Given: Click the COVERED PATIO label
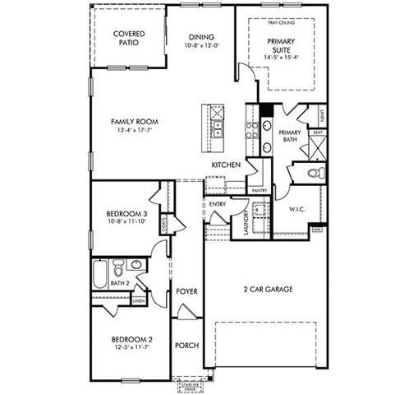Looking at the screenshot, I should [130, 38].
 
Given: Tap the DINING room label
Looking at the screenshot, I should [201, 37].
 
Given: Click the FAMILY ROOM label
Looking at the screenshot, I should [135, 122].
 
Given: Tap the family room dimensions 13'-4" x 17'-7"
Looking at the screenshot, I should [135, 131].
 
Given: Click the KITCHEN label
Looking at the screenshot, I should [226, 165].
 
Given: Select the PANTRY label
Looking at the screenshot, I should [260, 190].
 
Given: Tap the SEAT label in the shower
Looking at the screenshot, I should [317, 132].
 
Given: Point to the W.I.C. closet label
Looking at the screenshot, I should [297, 209].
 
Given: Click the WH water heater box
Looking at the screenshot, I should [317, 230].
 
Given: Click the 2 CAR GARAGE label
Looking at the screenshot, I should [269, 289].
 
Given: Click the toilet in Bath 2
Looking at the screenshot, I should [119, 269].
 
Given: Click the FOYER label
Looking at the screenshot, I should [186, 291].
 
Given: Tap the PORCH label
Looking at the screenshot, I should [186, 345].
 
